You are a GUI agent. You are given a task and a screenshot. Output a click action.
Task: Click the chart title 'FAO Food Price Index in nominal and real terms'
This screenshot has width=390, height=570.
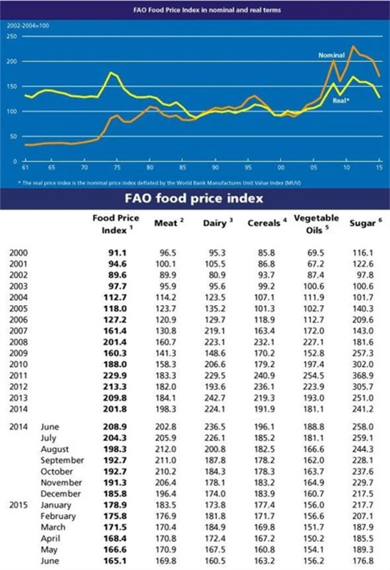[x=195, y=9]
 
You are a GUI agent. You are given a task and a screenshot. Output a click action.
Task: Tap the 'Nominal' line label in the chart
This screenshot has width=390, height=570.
[x=331, y=56]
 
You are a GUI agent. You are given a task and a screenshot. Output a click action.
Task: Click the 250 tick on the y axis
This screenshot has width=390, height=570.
[x=11, y=36]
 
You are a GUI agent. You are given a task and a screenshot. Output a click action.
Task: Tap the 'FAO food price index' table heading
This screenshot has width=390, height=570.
[x=194, y=198]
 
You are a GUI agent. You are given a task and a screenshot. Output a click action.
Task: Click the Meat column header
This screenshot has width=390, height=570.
[x=166, y=223]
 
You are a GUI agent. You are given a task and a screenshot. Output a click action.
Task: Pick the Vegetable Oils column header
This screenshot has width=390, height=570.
[x=317, y=223]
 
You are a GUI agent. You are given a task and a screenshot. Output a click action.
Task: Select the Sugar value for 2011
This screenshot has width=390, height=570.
[x=365, y=375]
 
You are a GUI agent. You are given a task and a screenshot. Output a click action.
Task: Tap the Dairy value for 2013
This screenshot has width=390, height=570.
[x=216, y=398]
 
